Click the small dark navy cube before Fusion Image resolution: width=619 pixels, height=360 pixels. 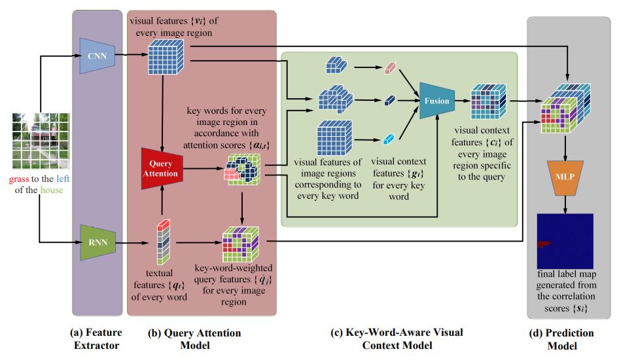point(391,101)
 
